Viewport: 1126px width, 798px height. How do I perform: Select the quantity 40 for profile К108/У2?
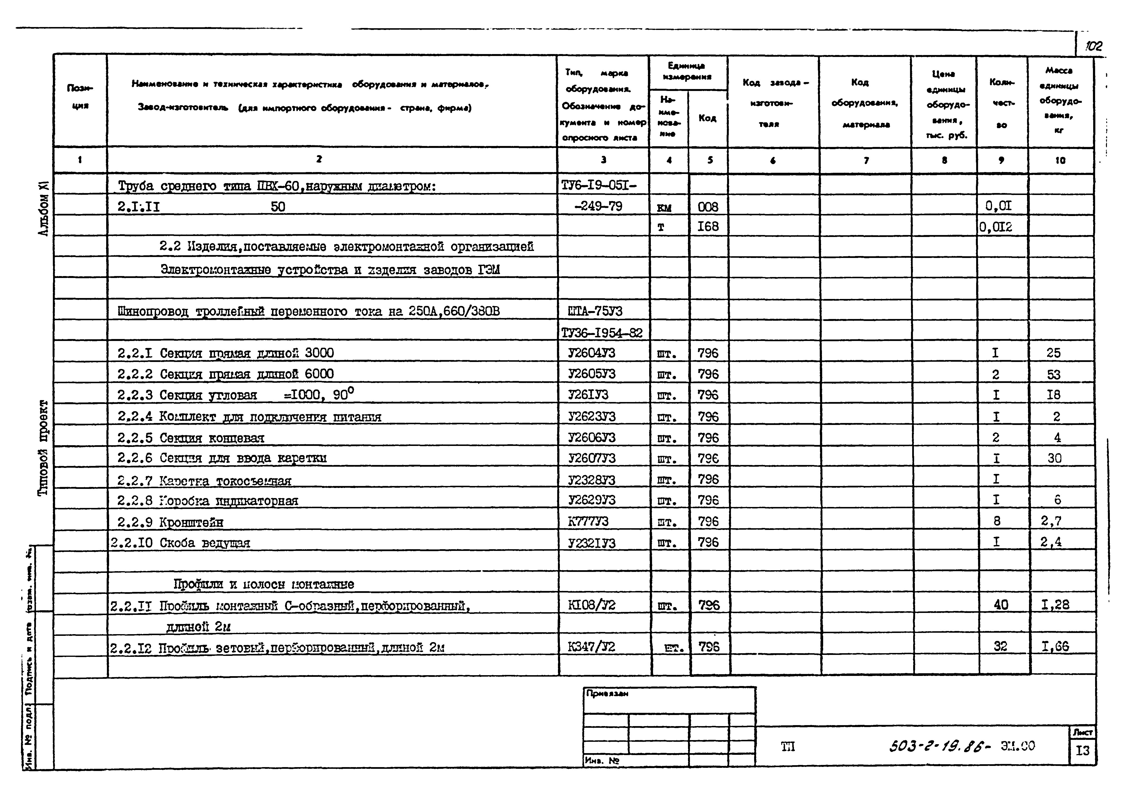point(1001,605)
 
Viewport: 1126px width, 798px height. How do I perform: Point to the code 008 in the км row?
point(708,207)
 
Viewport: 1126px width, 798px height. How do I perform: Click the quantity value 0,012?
point(996,227)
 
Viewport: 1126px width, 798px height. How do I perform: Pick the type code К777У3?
point(588,521)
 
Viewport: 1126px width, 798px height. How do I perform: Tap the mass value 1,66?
point(1055,647)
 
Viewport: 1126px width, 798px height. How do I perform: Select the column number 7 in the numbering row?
point(866,160)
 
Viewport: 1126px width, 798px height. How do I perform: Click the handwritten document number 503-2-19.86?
point(939,747)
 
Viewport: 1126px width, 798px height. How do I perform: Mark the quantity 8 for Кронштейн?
point(996,521)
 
